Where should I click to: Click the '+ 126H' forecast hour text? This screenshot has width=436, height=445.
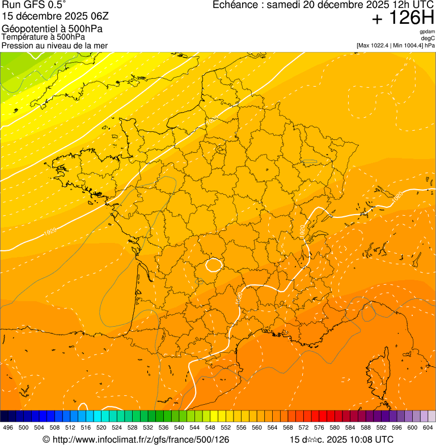403,18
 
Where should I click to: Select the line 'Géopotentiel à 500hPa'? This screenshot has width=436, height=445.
52,29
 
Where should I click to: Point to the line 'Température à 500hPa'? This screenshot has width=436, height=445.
44,37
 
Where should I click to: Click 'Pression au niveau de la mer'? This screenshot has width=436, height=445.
54,45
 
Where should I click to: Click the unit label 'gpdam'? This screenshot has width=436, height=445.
427,32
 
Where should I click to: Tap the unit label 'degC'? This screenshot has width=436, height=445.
428,38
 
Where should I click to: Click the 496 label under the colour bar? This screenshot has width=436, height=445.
8,428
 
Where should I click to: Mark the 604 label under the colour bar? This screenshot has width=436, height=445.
428,428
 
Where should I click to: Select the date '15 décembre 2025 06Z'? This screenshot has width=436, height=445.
60,16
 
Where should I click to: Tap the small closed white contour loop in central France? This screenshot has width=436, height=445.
214,264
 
